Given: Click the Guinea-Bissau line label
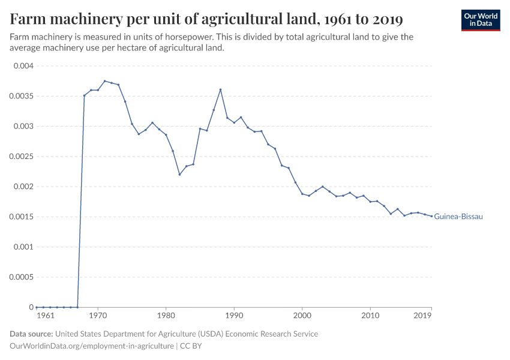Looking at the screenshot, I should pyautogui.click(x=458, y=217).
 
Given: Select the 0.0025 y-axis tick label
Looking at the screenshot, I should pyautogui.click(x=22, y=157).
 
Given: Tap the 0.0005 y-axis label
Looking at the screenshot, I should pyautogui.click(x=22, y=277).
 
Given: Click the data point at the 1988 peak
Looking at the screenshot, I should pyautogui.click(x=220, y=89).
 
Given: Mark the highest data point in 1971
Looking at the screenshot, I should pyautogui.click(x=104, y=81).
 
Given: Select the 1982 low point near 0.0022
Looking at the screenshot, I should pyautogui.click(x=179, y=175).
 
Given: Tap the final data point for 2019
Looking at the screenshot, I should pyautogui.click(x=431, y=217).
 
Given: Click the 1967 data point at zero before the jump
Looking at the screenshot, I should pyautogui.click(x=77, y=307).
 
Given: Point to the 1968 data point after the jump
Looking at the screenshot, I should pyautogui.click(x=84, y=95).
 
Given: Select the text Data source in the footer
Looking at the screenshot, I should pyautogui.click(x=31, y=334).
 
